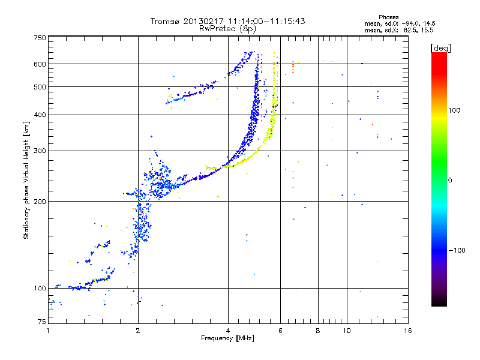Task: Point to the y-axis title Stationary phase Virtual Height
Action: pos(26,180)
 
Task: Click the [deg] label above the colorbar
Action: pos(441,47)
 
